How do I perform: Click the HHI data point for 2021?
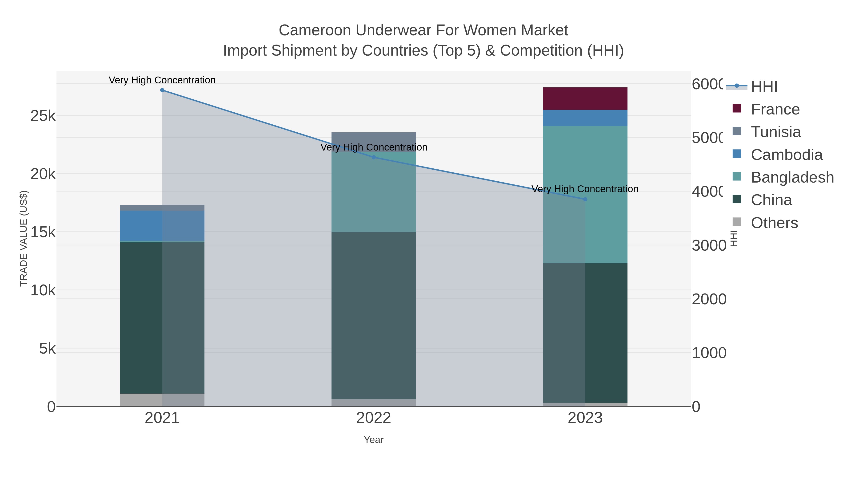tap(162, 90)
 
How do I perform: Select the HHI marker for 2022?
tap(374, 157)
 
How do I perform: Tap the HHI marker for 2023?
tap(585, 199)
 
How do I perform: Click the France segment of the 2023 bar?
tap(585, 98)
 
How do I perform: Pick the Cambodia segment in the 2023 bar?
tap(585, 118)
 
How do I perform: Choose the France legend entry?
tap(775, 109)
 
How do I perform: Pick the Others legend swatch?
tap(737, 222)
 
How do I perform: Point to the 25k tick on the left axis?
tap(43, 116)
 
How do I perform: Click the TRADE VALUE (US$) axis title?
tap(24, 238)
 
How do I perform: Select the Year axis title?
tap(374, 440)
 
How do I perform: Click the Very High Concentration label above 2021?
tap(162, 80)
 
